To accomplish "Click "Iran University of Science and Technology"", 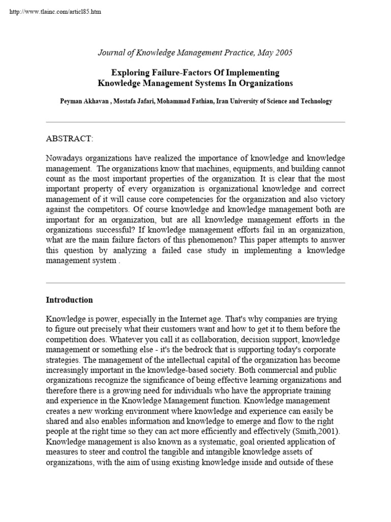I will [x=274, y=101].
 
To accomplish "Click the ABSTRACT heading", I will [x=70, y=139].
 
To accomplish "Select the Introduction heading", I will [x=69, y=300].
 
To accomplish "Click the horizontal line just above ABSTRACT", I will [x=195, y=122].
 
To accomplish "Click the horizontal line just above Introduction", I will [x=195, y=283].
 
